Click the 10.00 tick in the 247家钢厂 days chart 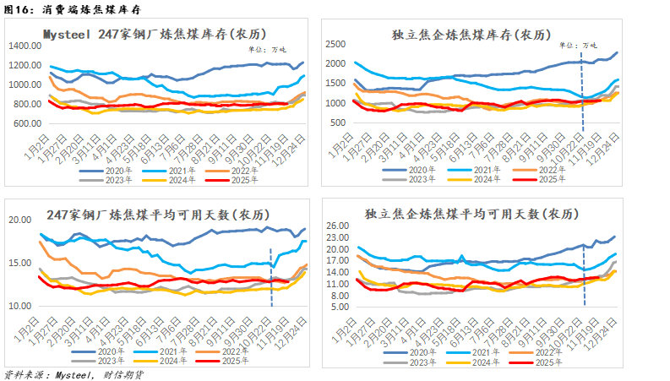tap(20, 306)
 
